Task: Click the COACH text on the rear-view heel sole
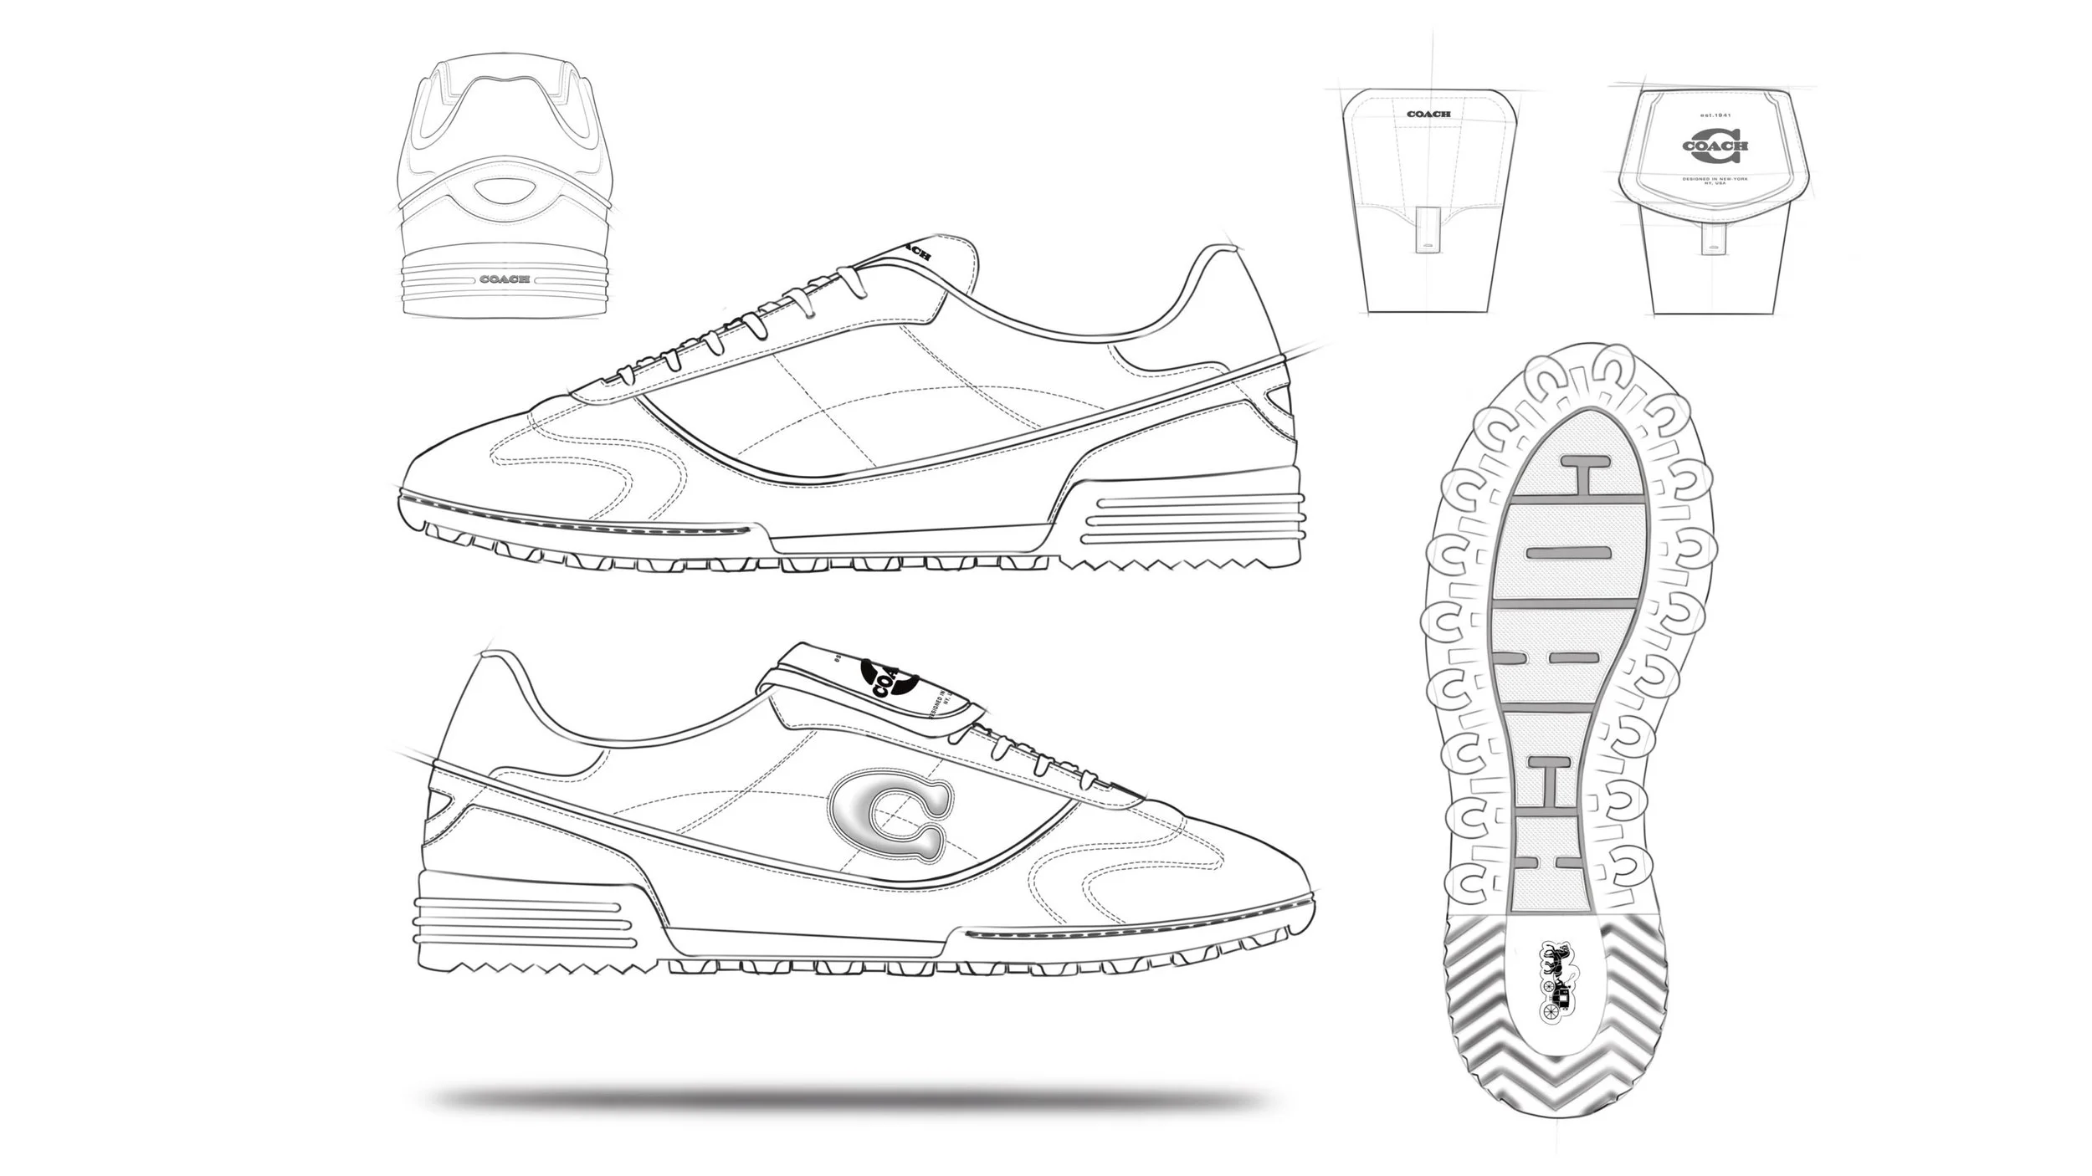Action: (x=505, y=279)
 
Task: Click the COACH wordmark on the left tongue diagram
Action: (x=1428, y=114)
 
